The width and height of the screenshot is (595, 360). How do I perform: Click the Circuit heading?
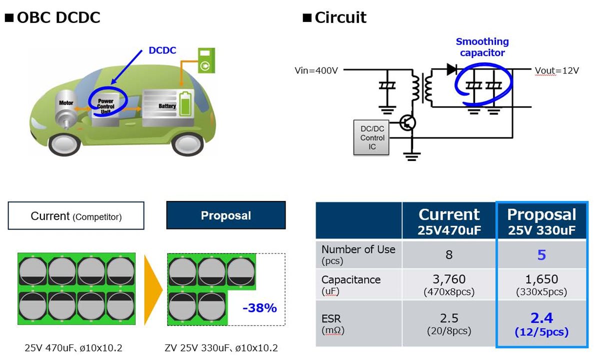340,18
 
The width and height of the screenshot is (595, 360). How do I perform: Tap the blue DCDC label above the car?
162,50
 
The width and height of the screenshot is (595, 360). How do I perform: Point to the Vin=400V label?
316,70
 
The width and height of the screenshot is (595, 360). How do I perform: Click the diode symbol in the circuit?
452,69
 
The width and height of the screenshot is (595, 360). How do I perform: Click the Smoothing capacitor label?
482,47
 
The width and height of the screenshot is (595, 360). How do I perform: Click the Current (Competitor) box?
76,215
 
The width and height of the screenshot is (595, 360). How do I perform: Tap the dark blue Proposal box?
225,215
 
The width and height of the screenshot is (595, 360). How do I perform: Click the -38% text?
259,308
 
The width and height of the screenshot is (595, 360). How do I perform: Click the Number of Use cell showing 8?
448,255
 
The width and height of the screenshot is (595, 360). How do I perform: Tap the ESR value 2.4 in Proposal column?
541,317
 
